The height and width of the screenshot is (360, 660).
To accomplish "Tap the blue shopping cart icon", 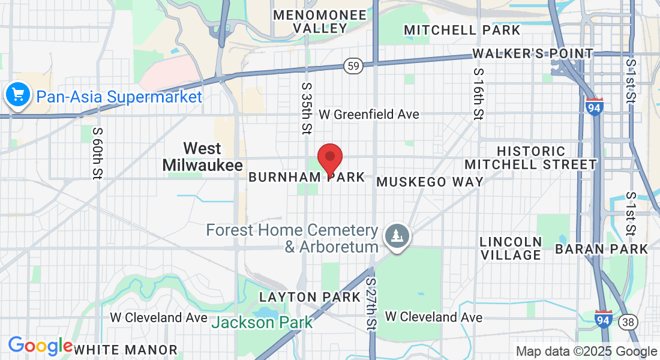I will (17, 95).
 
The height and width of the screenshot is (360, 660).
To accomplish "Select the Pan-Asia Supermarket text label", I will (119, 97).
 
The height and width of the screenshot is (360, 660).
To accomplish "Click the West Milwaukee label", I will (202, 157).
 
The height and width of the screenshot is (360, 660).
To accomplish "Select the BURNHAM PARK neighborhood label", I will (307, 177).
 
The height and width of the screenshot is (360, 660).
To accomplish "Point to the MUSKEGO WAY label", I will (430, 182).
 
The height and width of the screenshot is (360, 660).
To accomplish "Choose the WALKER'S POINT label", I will (533, 53).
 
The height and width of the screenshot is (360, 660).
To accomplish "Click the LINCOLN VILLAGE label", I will (511, 248).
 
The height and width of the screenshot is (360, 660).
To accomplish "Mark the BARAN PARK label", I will (602, 248).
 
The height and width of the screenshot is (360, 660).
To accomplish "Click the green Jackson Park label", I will (263, 322).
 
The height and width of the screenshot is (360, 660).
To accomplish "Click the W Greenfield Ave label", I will (369, 114).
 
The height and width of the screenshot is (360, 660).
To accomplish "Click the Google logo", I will (40, 346).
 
